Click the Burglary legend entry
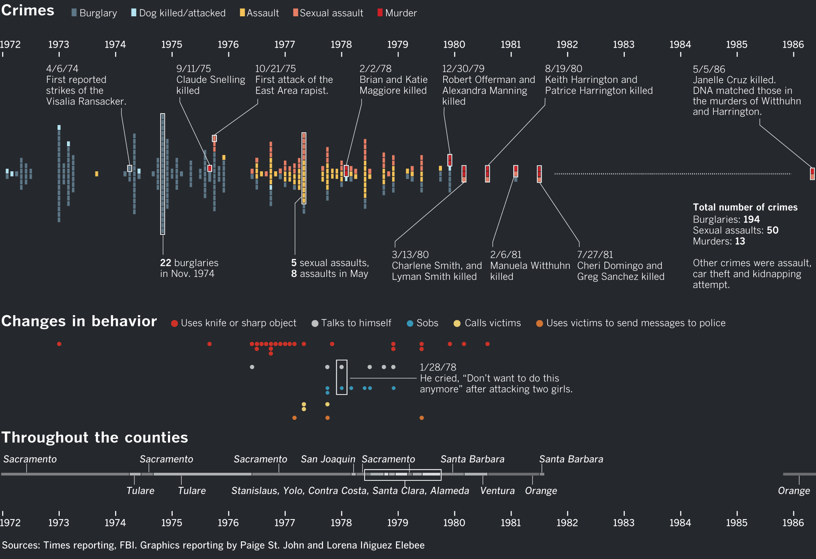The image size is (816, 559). [94, 13]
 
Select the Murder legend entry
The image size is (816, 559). [397, 13]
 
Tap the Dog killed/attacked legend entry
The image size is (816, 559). [178, 13]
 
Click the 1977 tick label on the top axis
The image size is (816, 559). [284, 44]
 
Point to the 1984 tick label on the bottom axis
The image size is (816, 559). [680, 523]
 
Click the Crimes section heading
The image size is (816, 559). [28, 10]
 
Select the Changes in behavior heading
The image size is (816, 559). [79, 321]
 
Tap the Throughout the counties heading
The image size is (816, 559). [94, 437]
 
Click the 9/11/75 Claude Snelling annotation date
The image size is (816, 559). [193, 69]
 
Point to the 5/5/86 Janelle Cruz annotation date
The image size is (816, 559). [709, 69]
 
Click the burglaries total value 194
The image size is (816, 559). [752, 219]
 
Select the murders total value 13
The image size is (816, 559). [740, 241]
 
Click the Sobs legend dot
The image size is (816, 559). [410, 323]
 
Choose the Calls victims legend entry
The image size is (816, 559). [487, 323]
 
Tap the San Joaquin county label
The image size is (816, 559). [328, 459]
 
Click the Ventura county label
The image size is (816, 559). [497, 491]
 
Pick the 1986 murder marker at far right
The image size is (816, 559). [812, 174]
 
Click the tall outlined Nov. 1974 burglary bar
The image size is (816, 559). [163, 174]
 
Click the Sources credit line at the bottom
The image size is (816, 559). [213, 545]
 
